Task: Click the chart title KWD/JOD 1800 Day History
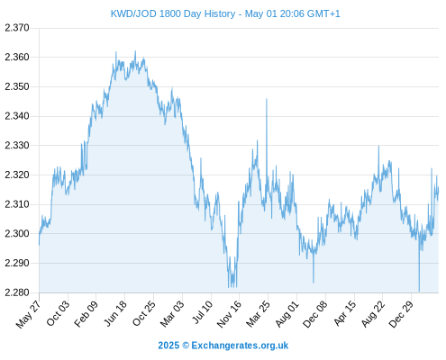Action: click(173, 13)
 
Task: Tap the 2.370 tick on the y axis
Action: click(17, 28)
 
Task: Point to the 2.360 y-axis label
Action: click(17, 57)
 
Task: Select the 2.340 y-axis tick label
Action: click(17, 116)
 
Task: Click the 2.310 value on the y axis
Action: click(17, 204)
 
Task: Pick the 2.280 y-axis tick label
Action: click(17, 292)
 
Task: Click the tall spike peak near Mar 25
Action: click(267, 99)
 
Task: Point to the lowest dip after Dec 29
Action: click(419, 291)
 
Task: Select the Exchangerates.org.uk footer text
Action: click(240, 346)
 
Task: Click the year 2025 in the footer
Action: click(168, 346)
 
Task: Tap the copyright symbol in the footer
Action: click(186, 346)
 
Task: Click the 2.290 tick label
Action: click(17, 263)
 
